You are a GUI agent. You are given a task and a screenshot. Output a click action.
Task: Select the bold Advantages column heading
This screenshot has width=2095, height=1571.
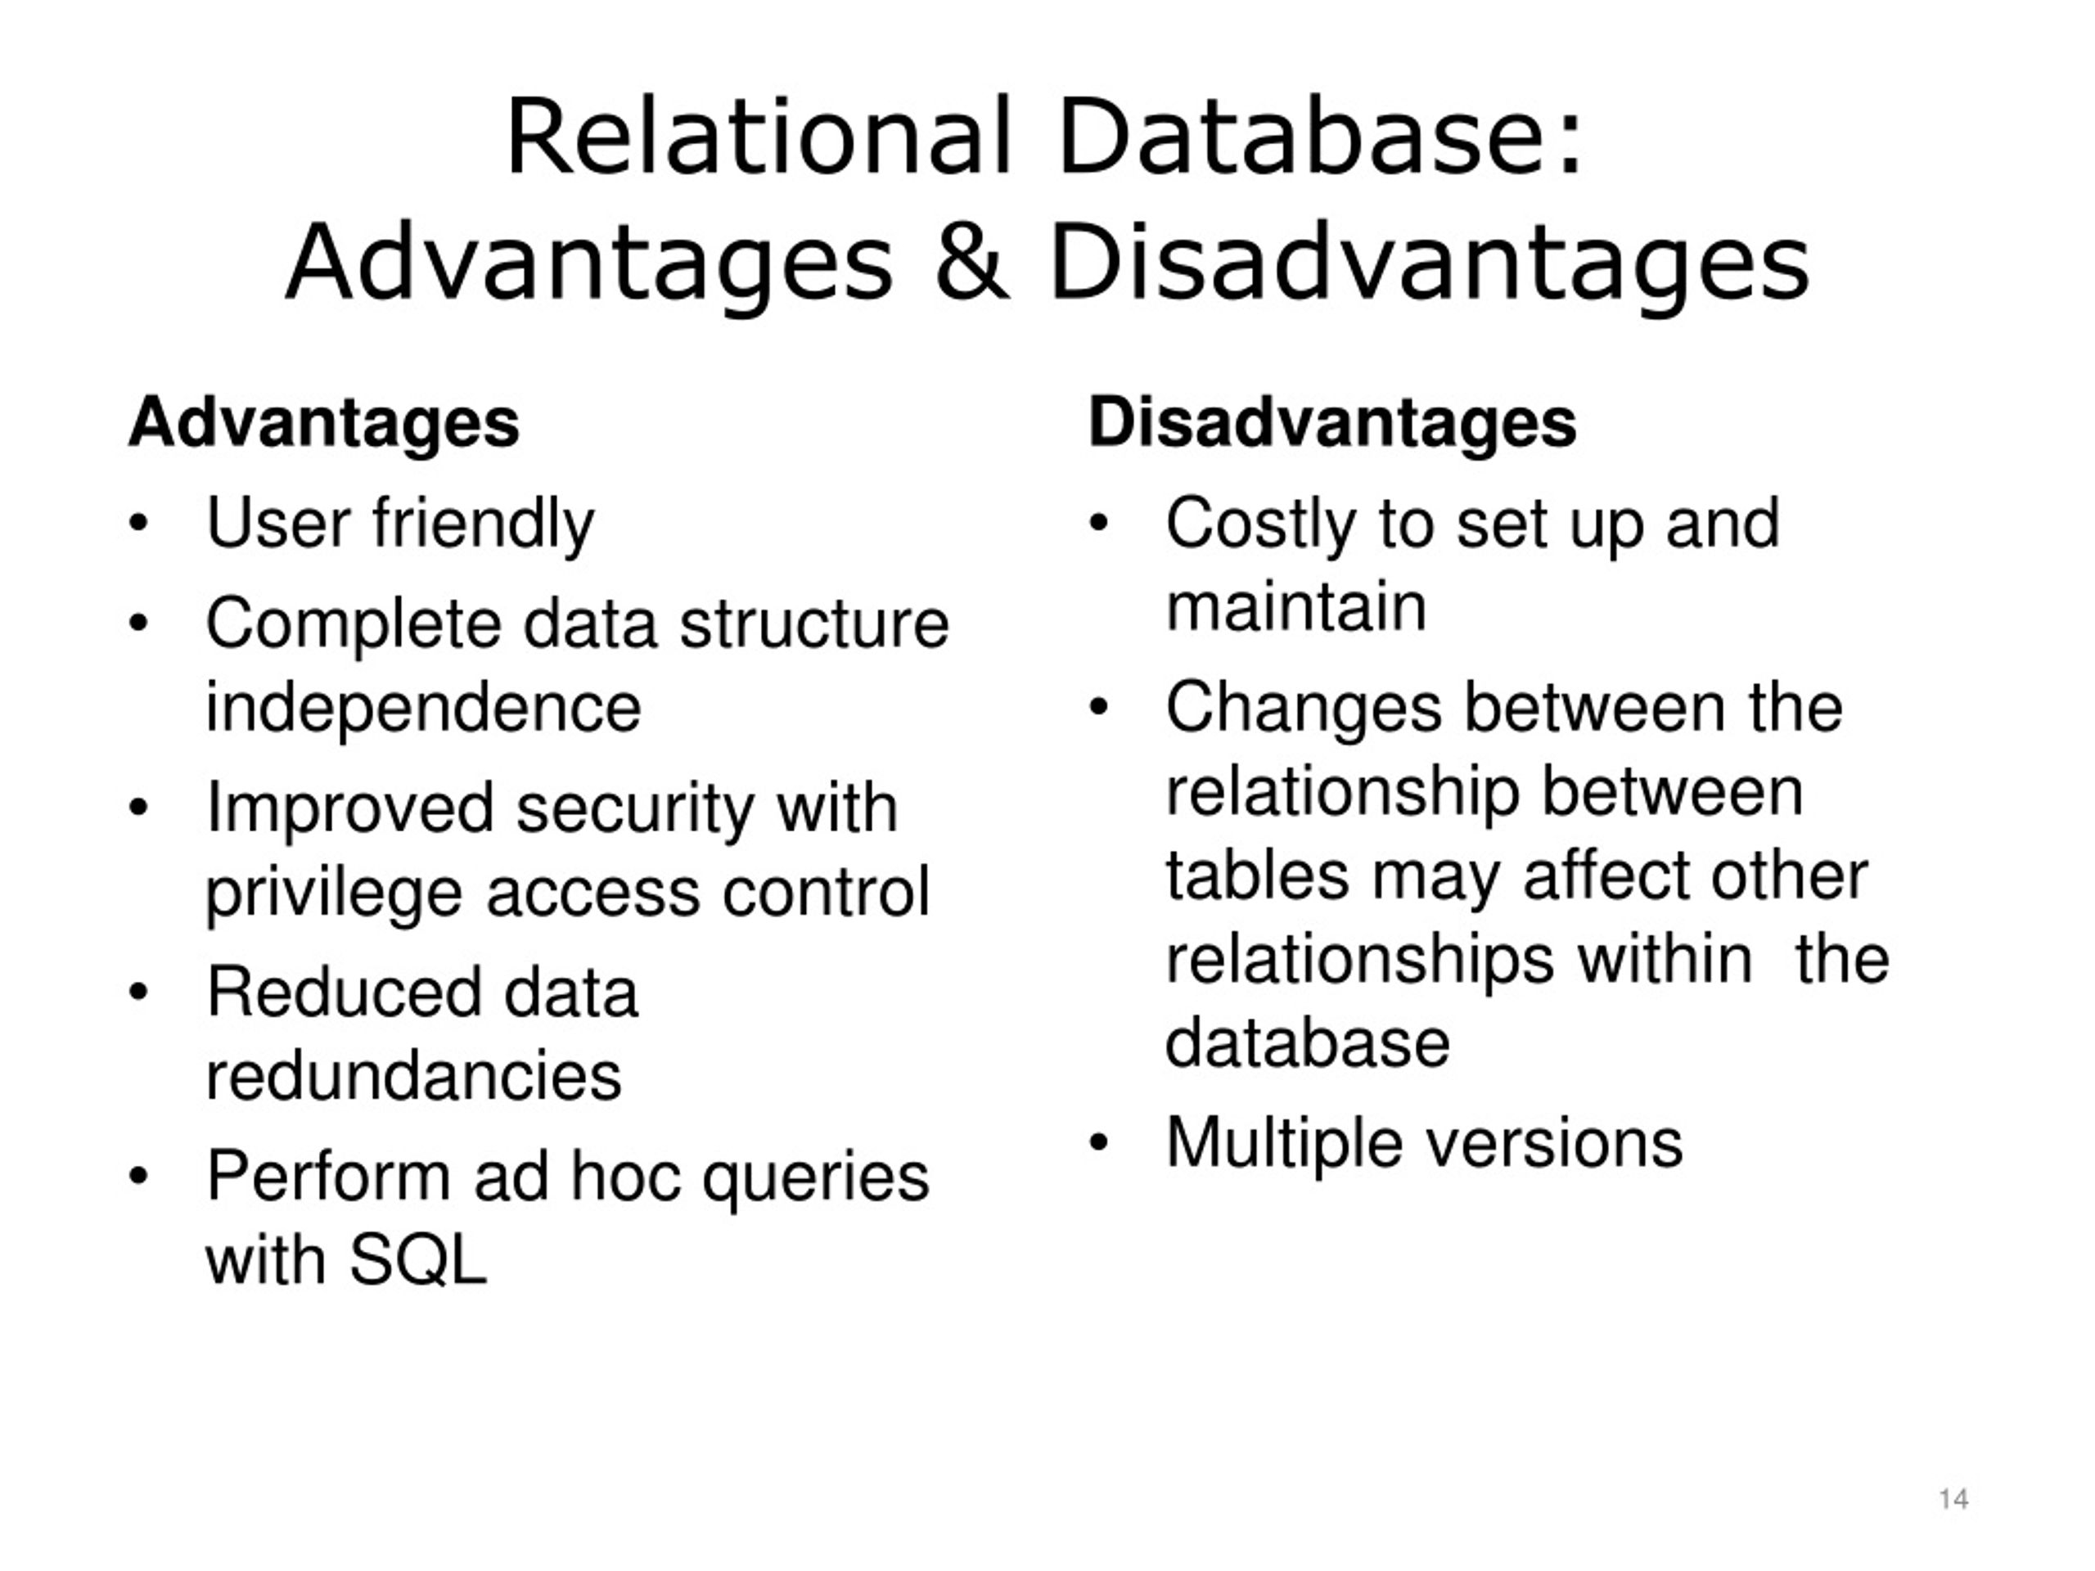(x=324, y=422)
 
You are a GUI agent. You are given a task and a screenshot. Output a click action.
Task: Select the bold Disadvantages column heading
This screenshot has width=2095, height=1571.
(x=1331, y=422)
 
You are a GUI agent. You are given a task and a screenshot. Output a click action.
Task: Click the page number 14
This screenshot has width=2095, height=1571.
(x=1953, y=1499)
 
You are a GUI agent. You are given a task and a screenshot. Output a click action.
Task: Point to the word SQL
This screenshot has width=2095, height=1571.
(x=417, y=1260)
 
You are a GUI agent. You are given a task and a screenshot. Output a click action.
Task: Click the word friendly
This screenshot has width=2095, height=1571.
(x=483, y=523)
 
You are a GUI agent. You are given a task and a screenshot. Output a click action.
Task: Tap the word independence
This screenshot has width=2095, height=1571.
(x=423, y=708)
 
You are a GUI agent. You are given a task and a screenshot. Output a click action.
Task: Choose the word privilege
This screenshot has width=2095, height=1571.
(x=333, y=893)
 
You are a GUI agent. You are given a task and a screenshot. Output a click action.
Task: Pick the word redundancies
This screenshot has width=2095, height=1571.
(x=413, y=1077)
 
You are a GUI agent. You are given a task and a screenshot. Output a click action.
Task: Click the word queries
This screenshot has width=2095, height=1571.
(x=814, y=1178)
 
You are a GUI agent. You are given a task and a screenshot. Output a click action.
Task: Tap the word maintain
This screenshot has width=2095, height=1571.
(x=1295, y=607)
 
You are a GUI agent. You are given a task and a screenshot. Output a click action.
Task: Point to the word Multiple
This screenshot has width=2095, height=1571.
(x=1283, y=1143)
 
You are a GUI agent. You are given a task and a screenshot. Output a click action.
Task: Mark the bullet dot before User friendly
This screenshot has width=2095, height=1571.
(x=139, y=524)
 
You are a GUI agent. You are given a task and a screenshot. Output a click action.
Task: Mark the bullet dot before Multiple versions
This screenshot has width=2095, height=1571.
(x=1097, y=1143)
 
